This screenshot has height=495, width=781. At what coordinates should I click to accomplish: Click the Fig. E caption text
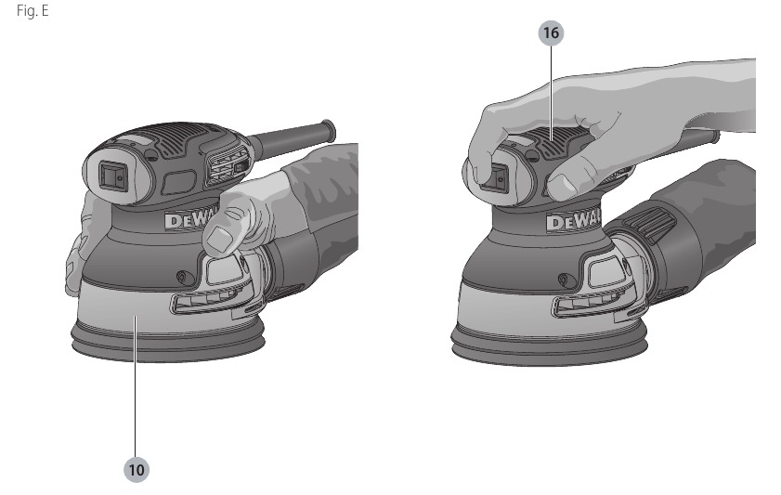[33, 10]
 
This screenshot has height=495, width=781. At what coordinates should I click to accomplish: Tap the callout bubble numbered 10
[136, 470]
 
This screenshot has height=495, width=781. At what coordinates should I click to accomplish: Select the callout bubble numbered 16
[551, 33]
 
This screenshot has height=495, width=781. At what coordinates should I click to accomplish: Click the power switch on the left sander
[112, 176]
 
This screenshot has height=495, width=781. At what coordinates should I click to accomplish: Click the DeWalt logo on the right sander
[573, 221]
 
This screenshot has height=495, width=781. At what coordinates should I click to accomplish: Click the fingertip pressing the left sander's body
[220, 240]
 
